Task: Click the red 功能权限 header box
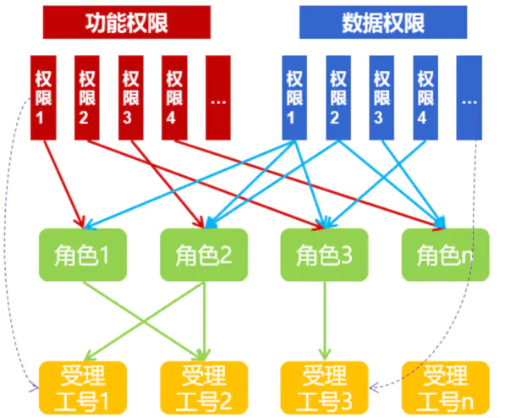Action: tap(127, 22)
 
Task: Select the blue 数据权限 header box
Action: tap(383, 22)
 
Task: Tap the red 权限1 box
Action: tap(43, 98)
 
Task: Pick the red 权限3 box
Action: tap(131, 98)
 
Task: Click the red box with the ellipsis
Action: tap(218, 98)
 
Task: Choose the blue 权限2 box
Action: tap(338, 98)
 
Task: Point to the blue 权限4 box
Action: tap(425, 98)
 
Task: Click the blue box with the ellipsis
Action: tap(469, 98)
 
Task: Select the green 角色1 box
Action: tap(83, 255)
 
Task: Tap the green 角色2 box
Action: tap(204, 255)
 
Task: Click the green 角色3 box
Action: tap(325, 255)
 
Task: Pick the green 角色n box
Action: tap(446, 255)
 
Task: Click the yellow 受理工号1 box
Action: tap(83, 388)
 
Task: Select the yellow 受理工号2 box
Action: tap(204, 388)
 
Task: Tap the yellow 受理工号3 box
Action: tap(325, 388)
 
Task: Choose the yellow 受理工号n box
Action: tap(446, 388)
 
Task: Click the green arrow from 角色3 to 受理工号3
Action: tap(325, 321)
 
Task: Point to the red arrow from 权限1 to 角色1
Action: tap(64, 184)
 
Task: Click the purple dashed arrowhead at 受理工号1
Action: tap(34, 388)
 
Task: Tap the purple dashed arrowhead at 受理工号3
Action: tap(374, 388)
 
